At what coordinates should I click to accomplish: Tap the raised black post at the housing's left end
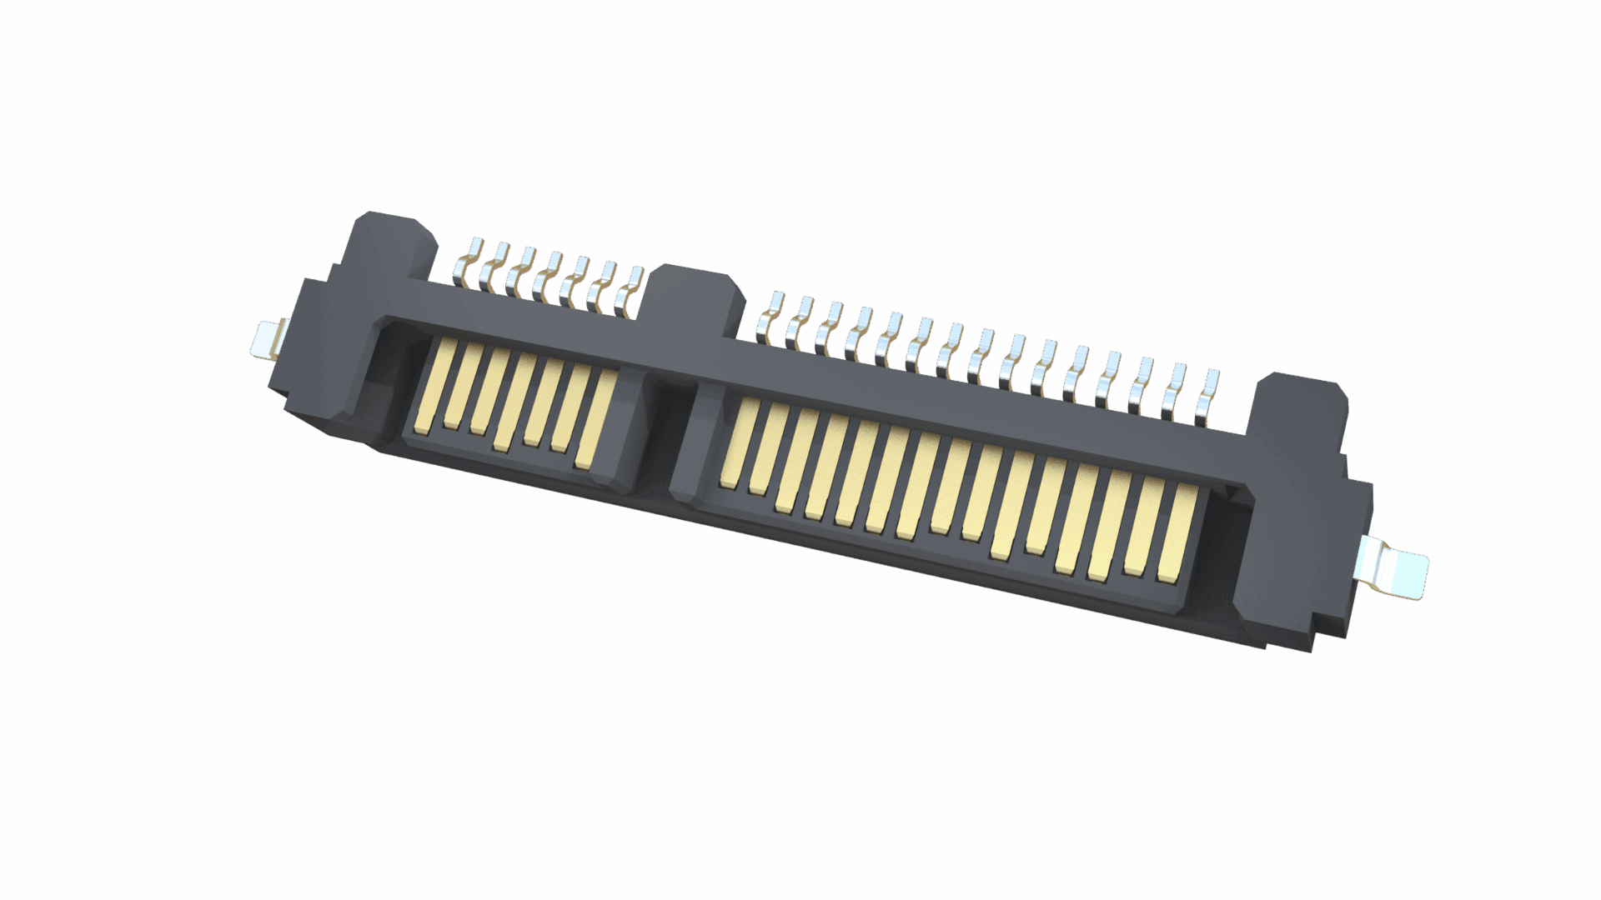point(392,242)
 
